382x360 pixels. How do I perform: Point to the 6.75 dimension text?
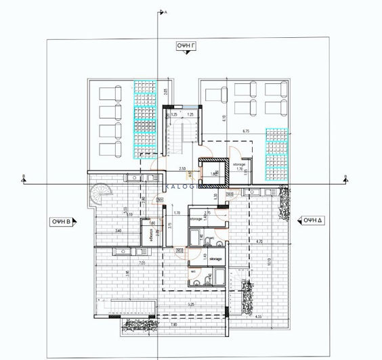245,131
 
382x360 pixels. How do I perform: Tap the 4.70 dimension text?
258,241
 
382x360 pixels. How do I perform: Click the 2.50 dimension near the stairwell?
182,168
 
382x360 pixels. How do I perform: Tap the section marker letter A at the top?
165,13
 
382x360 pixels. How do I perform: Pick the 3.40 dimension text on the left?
119,231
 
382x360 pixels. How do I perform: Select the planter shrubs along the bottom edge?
138,327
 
